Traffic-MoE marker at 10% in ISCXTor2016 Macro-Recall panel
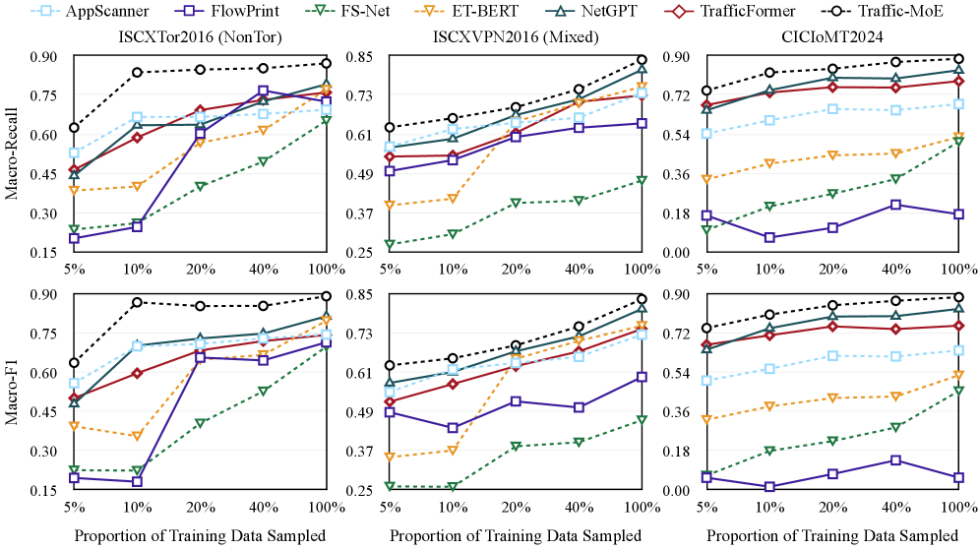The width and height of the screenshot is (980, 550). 137,72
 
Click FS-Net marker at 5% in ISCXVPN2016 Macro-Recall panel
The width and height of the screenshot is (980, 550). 390,244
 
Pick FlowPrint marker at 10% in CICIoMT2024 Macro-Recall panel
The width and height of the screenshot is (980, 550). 768,237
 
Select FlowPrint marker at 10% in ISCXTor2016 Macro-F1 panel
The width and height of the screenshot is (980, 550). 137,481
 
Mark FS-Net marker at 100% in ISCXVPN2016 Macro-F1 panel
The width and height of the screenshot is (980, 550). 642,419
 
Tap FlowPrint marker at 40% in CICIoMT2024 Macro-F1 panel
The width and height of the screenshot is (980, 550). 894,459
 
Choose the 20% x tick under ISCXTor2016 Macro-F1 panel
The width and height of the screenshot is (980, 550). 200,508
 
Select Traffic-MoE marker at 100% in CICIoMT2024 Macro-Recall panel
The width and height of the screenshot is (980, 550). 956,59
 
